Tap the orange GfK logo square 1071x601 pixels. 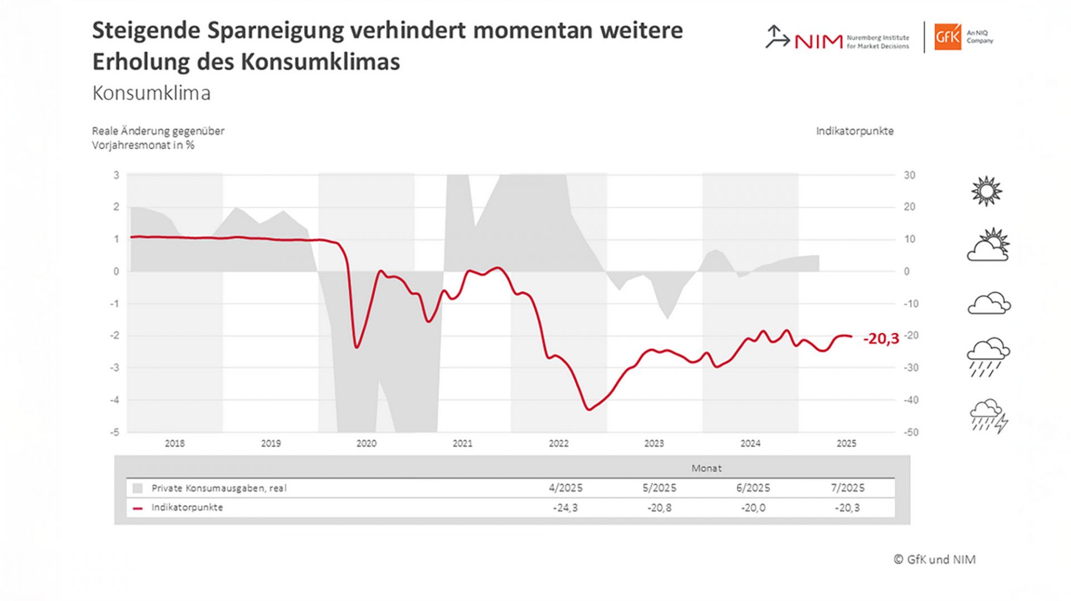[948, 37]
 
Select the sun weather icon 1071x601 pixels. [986, 191]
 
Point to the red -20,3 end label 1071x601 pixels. [881, 339]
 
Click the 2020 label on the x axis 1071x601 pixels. [366, 444]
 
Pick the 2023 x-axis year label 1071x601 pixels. [654, 444]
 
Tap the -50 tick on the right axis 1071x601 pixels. [910, 432]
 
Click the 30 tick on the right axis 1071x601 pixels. [909, 175]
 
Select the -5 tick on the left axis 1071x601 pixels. [114, 432]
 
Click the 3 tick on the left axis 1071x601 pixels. [117, 175]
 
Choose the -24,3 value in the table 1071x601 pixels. [565, 508]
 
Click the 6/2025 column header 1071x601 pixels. [753, 488]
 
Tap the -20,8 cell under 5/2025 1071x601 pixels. [659, 508]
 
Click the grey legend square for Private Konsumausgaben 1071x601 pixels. [138, 489]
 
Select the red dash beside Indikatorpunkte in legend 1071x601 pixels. [138, 508]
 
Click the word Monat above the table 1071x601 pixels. [706, 468]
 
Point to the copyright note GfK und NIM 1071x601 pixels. [935, 560]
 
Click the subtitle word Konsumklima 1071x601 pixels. [151, 93]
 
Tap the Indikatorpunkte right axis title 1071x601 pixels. [855, 131]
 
